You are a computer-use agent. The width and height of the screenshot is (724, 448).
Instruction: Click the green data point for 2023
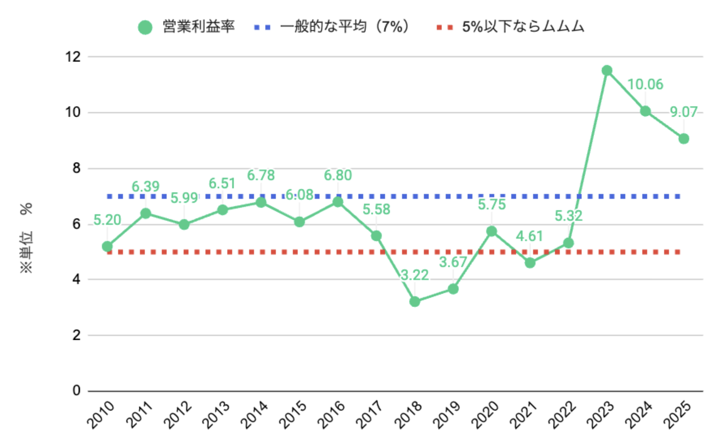click(607, 70)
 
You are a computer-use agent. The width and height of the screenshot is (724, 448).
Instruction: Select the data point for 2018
click(415, 301)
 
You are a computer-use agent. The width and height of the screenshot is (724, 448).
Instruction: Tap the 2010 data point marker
click(107, 246)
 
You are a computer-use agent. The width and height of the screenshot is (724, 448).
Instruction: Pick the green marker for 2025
click(684, 139)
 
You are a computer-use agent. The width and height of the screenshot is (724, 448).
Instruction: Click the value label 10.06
click(645, 84)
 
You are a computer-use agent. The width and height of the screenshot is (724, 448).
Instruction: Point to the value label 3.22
click(415, 275)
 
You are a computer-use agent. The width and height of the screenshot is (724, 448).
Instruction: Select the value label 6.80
click(338, 175)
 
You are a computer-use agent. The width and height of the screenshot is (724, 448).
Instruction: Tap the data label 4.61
click(529, 236)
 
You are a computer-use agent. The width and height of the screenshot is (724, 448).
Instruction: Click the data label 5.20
click(107, 220)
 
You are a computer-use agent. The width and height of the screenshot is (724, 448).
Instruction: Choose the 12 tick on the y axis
click(73, 57)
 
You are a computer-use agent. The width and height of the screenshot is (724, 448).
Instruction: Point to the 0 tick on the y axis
click(76, 390)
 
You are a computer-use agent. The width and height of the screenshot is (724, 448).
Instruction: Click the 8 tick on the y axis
click(76, 168)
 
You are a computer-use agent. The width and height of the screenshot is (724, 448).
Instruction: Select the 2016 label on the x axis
click(331, 414)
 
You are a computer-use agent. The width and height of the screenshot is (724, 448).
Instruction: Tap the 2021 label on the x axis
click(523, 414)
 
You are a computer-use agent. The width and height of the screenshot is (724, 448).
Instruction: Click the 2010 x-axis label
click(101, 414)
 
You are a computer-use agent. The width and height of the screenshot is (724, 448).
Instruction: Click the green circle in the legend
click(145, 27)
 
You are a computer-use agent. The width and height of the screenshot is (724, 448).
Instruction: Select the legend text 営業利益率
click(199, 27)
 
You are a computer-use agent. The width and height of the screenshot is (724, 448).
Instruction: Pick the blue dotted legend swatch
click(262, 27)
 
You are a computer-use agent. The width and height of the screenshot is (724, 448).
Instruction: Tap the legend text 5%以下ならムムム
click(523, 27)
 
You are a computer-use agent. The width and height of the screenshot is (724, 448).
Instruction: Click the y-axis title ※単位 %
click(26, 238)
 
